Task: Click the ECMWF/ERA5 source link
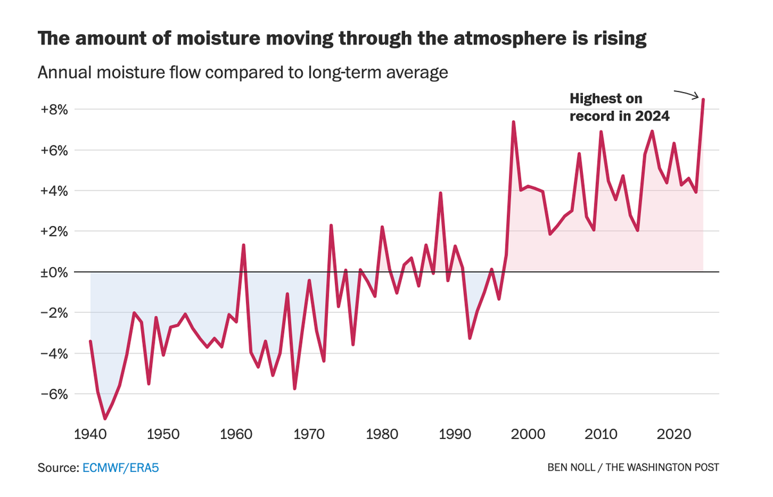(120, 467)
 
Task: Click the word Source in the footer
(57, 467)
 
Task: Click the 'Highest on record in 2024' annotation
(620, 108)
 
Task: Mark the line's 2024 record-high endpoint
(703, 100)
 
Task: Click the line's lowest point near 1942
(105, 418)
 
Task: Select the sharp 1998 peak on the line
(513, 122)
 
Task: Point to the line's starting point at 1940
(90, 341)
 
